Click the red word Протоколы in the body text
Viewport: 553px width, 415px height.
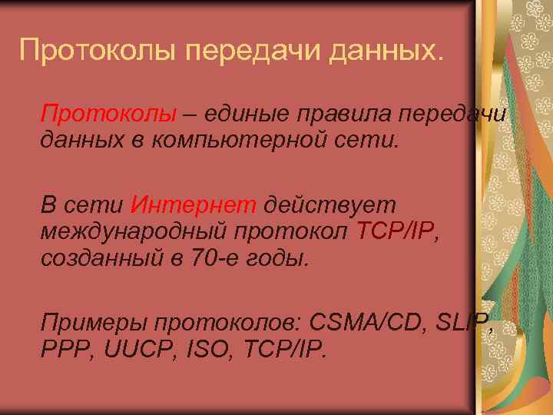(x=109, y=114)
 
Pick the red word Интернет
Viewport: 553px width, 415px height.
(x=194, y=205)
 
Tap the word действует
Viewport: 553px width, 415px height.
(x=328, y=205)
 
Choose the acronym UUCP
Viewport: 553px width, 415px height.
(x=131, y=350)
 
